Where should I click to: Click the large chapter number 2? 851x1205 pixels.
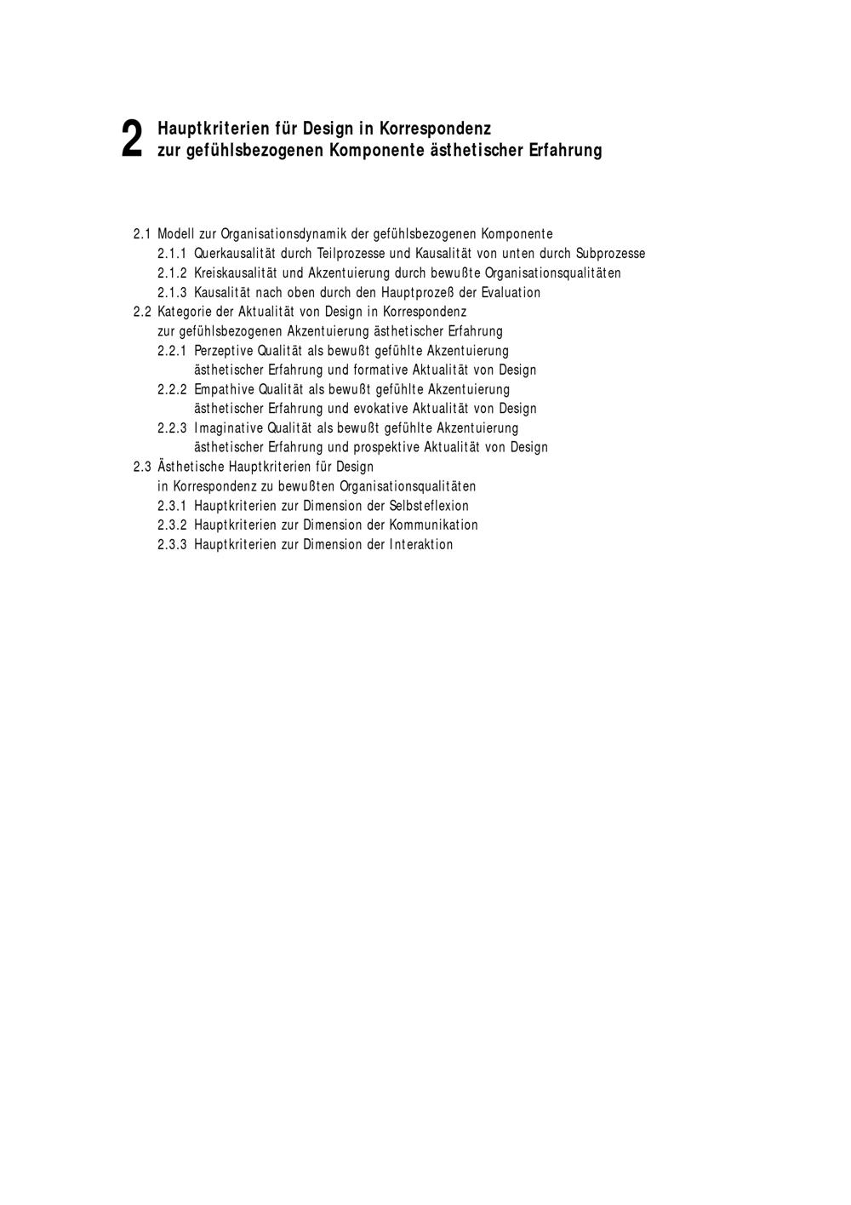[x=131, y=139]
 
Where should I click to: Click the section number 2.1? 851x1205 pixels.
[x=142, y=234]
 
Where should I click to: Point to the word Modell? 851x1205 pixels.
[x=176, y=234]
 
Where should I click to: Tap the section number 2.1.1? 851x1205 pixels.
[x=172, y=254]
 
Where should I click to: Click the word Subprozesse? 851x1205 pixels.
[x=610, y=254]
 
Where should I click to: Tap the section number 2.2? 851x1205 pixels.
[x=142, y=312]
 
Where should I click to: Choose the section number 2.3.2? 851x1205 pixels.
[x=172, y=525]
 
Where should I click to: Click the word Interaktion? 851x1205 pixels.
[x=421, y=545]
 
